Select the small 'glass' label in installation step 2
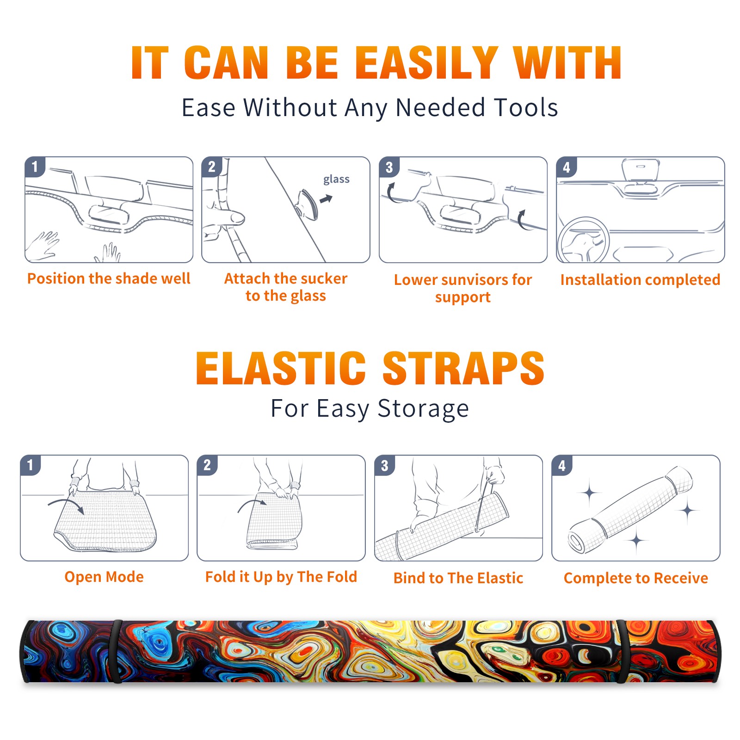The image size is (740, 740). [x=336, y=179]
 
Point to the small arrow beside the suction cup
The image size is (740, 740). [x=326, y=199]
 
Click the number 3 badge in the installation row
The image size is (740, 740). [x=389, y=167]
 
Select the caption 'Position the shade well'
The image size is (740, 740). [x=109, y=278]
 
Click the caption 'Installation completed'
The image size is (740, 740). [x=640, y=280]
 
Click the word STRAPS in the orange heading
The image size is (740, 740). [x=463, y=368]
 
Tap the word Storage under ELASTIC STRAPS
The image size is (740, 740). [x=423, y=409]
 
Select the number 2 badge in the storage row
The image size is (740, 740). [x=207, y=465]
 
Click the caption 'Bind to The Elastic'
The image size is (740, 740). [x=458, y=578]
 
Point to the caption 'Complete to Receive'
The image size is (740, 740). [x=636, y=578]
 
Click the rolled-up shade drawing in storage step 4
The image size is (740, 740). [x=630, y=509]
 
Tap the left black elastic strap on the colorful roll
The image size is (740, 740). [x=116, y=651]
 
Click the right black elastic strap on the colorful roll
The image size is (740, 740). [x=623, y=651]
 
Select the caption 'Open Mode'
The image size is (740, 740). [x=104, y=577]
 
